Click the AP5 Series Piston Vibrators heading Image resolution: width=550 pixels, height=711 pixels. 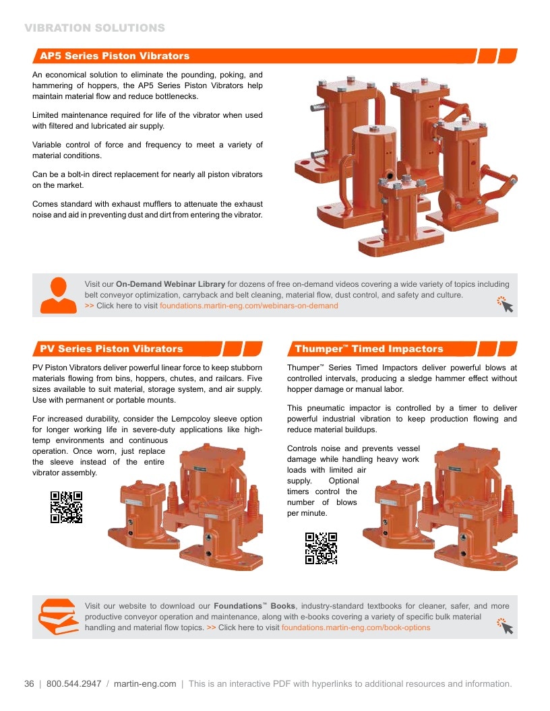tap(115, 56)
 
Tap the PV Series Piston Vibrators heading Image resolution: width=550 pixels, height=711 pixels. tap(111, 349)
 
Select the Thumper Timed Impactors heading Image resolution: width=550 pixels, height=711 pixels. tap(369, 349)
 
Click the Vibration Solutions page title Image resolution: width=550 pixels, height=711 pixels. tap(95, 28)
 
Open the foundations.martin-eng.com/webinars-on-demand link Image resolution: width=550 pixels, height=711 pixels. tap(249, 306)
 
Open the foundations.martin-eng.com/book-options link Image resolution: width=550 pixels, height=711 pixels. tap(356, 628)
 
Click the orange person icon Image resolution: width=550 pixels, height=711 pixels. tap(59, 295)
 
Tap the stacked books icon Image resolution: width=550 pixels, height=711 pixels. tap(59, 617)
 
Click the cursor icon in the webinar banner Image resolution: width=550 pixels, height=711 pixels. tap(505, 304)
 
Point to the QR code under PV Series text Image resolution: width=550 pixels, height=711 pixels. tap(66, 507)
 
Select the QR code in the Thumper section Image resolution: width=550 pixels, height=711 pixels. tap(321, 548)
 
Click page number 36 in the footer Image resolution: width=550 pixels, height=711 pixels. tap(29, 684)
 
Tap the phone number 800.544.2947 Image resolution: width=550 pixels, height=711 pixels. tap(74, 684)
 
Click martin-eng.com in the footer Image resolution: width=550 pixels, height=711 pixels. tap(145, 684)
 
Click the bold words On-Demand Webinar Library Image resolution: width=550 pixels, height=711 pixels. tap(171, 284)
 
